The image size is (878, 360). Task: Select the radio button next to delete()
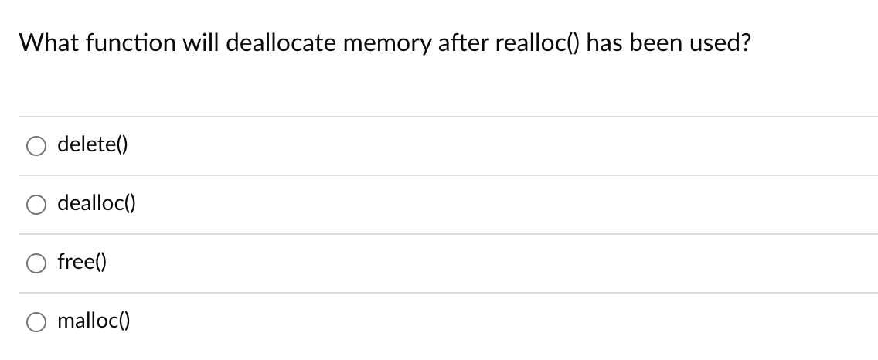pos(36,146)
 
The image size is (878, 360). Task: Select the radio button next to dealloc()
pos(36,205)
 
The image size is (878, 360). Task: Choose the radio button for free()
pos(36,263)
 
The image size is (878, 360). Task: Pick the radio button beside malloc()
pos(36,322)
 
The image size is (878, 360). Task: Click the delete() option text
pos(93,144)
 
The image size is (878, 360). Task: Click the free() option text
pos(82,262)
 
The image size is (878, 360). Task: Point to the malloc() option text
pos(94,321)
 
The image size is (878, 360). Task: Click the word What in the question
pos(44,43)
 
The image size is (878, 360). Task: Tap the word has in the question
pos(607,43)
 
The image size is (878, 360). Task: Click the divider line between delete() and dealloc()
pos(448,175)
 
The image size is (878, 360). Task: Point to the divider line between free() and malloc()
pos(448,293)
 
